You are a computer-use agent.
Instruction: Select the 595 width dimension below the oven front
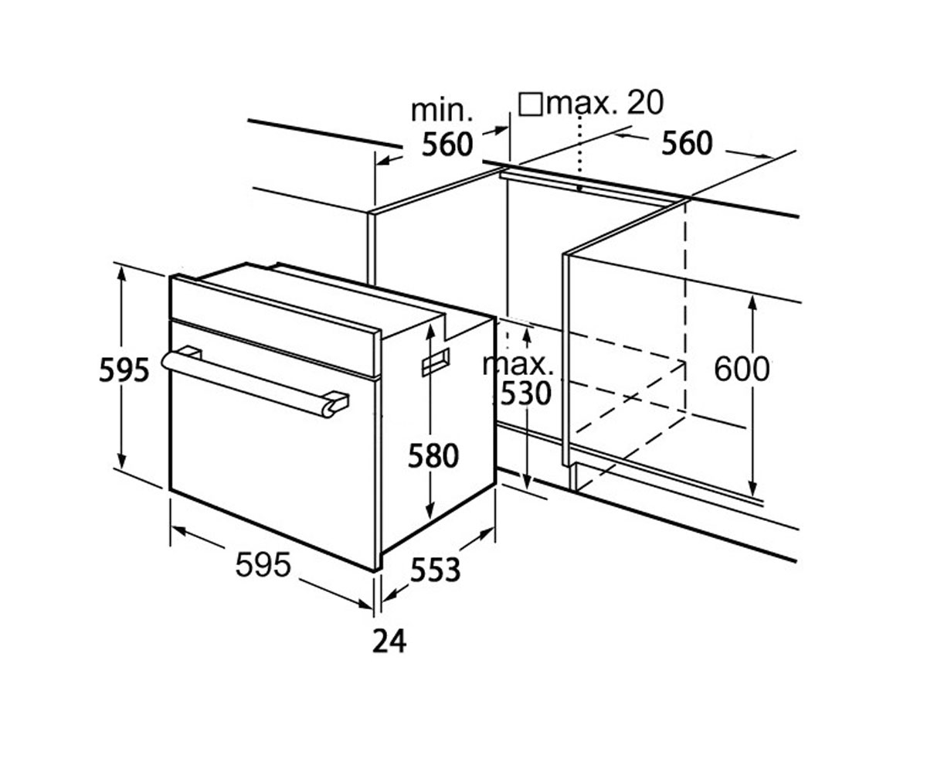(x=263, y=566)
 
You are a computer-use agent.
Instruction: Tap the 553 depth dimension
(x=435, y=571)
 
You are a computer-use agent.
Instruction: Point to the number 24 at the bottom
(x=389, y=642)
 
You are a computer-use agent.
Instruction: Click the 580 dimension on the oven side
(x=433, y=456)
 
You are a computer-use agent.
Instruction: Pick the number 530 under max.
(x=525, y=394)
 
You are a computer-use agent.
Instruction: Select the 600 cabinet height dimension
(x=742, y=369)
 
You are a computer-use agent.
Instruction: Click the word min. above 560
(x=442, y=111)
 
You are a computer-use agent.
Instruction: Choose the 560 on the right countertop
(x=687, y=143)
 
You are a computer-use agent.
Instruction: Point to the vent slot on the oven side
(x=436, y=362)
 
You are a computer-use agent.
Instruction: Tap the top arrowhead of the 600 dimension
(x=752, y=302)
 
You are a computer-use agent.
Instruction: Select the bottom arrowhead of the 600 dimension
(x=752, y=489)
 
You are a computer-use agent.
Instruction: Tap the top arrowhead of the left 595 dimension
(x=122, y=275)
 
